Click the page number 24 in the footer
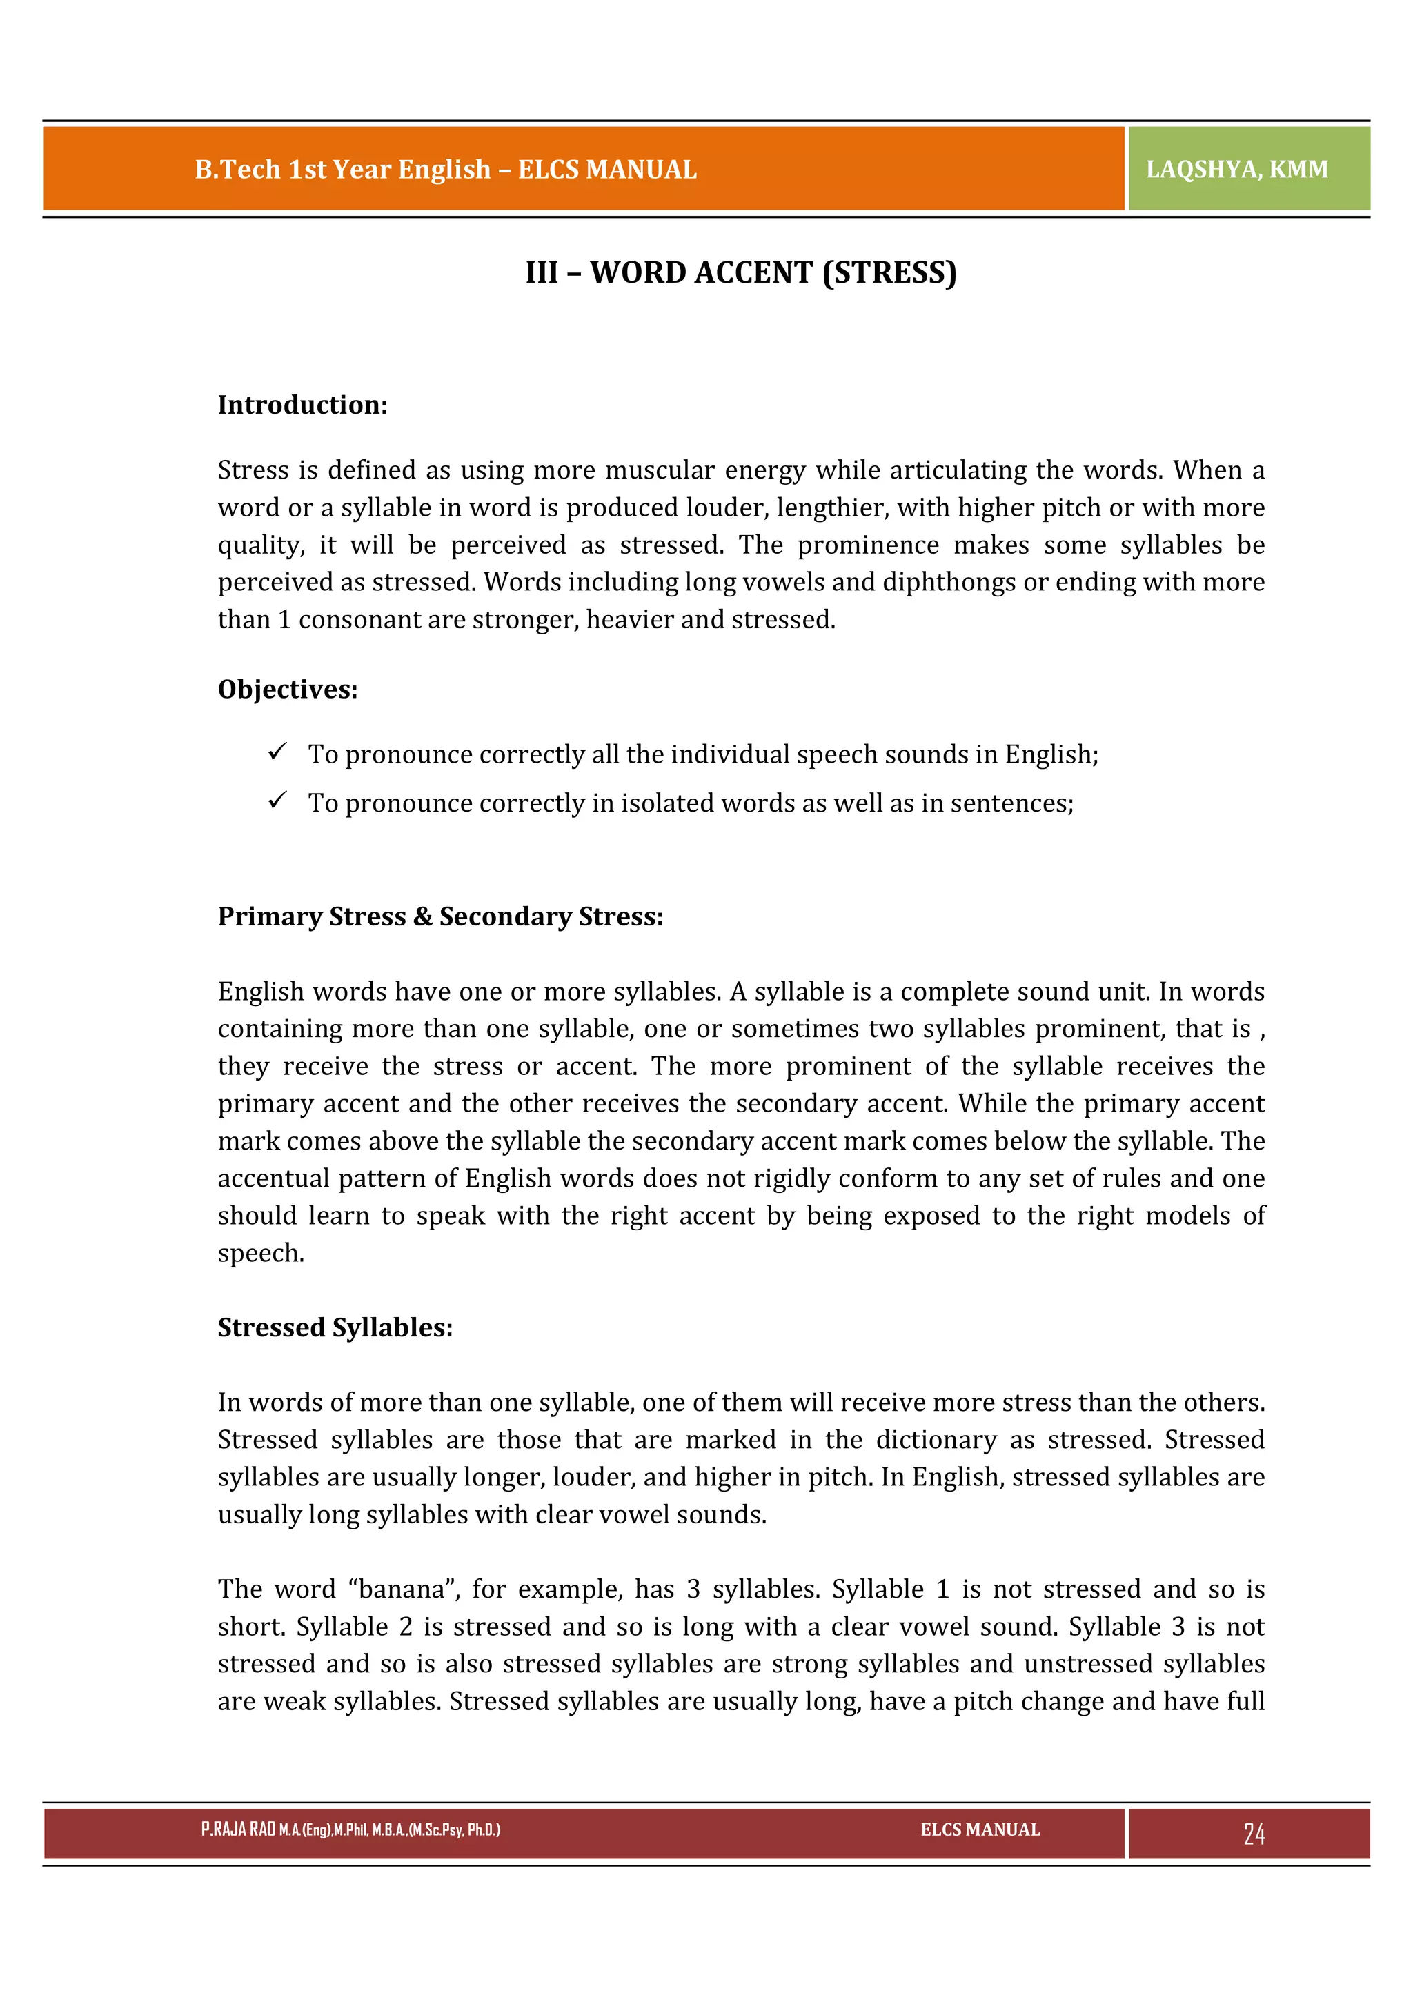tap(1253, 1834)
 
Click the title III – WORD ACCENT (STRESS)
tap(740, 272)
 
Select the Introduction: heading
tap(303, 405)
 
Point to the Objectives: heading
tap(288, 690)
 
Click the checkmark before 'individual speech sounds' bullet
tap(277, 752)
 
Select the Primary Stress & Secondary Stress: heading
tap(440, 916)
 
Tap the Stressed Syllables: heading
tap(335, 1328)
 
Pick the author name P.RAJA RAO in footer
tap(237, 1829)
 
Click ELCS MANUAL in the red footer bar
tap(980, 1829)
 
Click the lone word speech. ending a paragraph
tap(261, 1254)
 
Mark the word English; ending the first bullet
tap(1051, 755)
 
